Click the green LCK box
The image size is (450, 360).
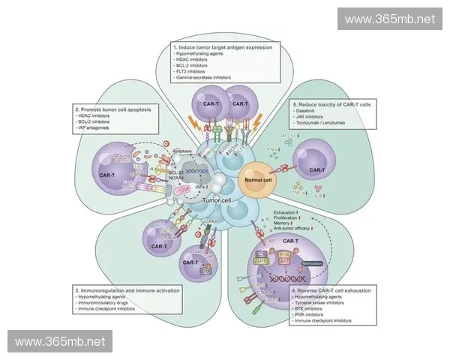[262, 254]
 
